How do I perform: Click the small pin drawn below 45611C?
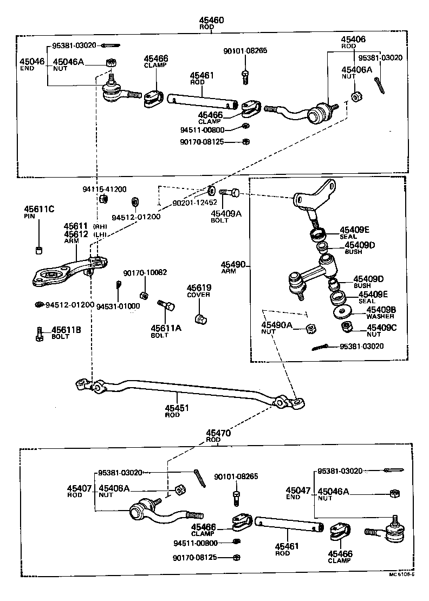tap(39, 250)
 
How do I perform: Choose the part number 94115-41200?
tap(105, 189)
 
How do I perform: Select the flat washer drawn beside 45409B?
tap(343, 312)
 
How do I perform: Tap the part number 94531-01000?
tap(118, 306)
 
